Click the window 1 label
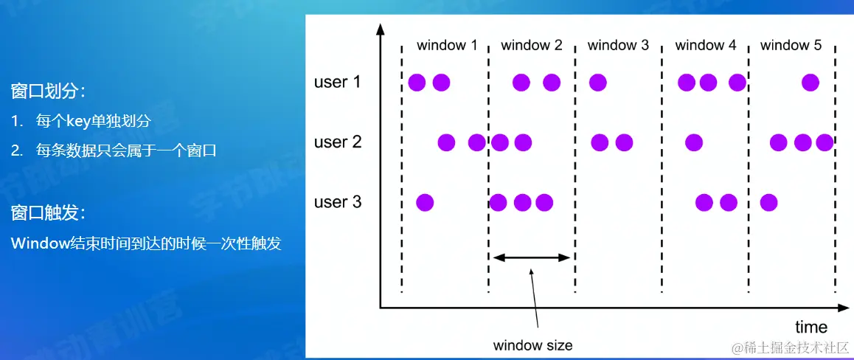pyautogui.click(x=447, y=45)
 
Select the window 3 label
pyautogui.click(x=618, y=45)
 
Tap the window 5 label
pyautogui.click(x=791, y=45)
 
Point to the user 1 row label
pyautogui.click(x=338, y=82)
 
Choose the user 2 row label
pyautogui.click(x=338, y=142)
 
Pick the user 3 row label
pyautogui.click(x=338, y=203)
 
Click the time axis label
pyautogui.click(x=811, y=327)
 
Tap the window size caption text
pyautogui.click(x=532, y=345)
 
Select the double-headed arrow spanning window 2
pyautogui.click(x=530, y=257)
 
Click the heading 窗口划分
pyautogui.click(x=48, y=91)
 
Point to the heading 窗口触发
pyautogui.click(x=48, y=213)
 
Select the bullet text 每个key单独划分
pyautogui.click(x=93, y=121)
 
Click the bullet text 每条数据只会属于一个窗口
pyautogui.click(x=126, y=150)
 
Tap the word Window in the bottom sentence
pyautogui.click(x=38, y=243)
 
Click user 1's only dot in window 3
pyautogui.click(x=597, y=83)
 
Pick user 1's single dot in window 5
pyautogui.click(x=810, y=83)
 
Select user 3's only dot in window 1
pyautogui.click(x=425, y=203)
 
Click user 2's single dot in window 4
pyautogui.click(x=694, y=142)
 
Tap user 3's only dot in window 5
pyautogui.click(x=768, y=203)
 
